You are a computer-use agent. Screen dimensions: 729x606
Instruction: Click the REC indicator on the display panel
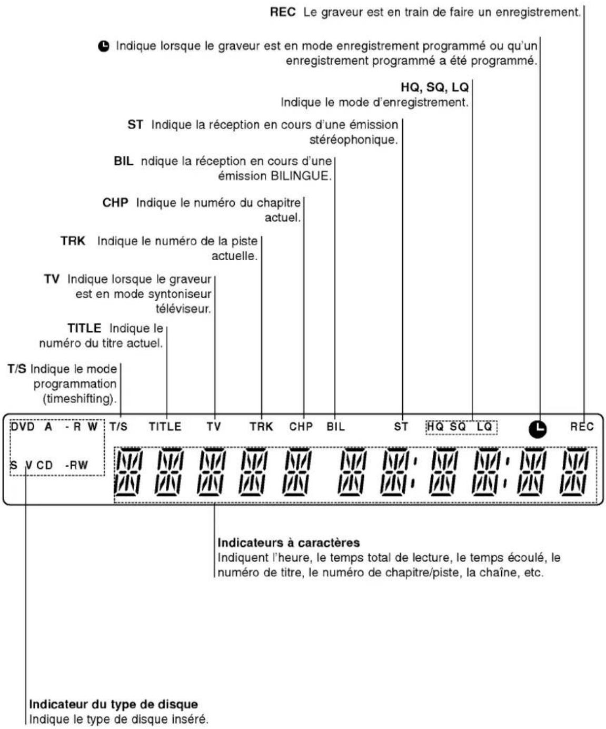coord(581,427)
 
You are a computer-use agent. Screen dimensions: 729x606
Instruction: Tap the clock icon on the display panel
coord(538,429)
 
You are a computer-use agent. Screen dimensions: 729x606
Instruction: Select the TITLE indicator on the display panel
coord(165,427)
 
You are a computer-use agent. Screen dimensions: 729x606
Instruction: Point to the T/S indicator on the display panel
coord(118,427)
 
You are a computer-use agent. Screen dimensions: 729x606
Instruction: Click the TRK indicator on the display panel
coord(261,427)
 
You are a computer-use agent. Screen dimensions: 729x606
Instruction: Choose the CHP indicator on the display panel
coord(301,427)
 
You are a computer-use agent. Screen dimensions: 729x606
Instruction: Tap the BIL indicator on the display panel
coord(335,427)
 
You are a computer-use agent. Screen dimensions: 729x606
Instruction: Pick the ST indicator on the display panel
coord(401,427)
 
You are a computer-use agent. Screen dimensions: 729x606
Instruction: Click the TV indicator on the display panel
coord(213,427)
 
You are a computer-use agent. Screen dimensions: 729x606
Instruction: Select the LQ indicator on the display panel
coord(484,427)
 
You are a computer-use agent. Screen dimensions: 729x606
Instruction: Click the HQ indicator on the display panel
coord(435,427)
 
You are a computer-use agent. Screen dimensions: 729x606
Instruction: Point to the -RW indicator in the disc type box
coord(76,465)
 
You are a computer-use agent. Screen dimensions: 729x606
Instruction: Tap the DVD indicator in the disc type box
coord(23,427)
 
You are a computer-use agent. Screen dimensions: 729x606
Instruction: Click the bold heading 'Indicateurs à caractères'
coord(289,543)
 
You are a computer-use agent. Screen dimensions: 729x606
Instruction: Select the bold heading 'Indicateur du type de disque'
coord(113,704)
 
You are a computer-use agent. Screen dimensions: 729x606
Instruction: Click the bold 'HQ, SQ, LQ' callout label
coord(434,87)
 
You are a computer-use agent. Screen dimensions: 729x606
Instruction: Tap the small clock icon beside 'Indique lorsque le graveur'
coord(104,46)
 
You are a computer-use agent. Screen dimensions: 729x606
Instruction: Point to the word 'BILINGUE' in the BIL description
coord(300,176)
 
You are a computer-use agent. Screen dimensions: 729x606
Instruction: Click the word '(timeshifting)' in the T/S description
coord(80,399)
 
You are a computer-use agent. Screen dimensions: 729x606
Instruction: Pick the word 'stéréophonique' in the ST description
coord(353,140)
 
